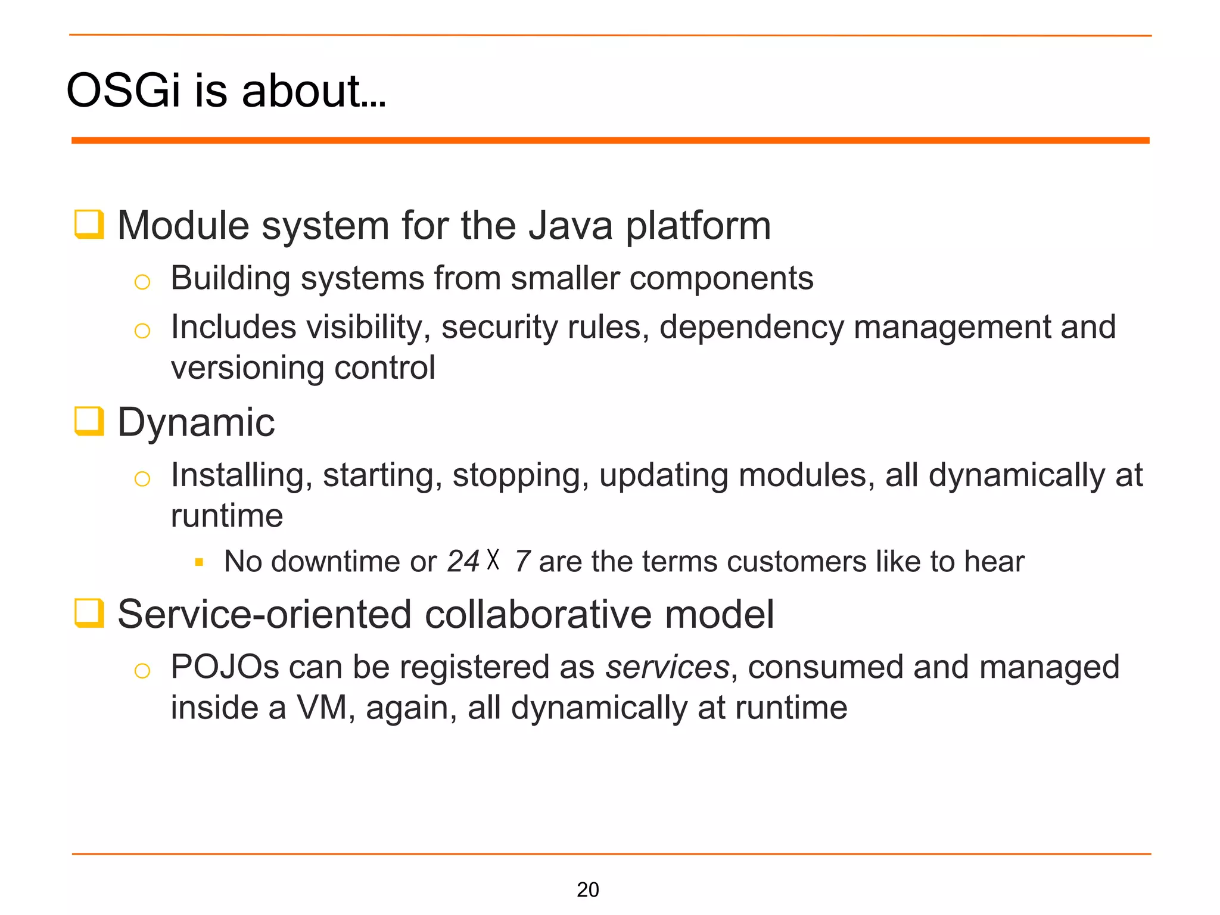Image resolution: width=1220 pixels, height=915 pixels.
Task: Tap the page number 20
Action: pos(587,889)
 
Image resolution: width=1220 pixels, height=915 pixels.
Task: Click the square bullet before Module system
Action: pos(89,225)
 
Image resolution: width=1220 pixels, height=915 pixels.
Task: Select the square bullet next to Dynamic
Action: pos(89,421)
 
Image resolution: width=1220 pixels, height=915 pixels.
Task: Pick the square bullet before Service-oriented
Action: pos(89,614)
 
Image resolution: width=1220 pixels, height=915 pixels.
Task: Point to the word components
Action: pos(721,278)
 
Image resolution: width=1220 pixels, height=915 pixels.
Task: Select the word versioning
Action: pos(247,368)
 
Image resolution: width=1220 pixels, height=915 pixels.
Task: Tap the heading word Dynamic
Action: pos(196,422)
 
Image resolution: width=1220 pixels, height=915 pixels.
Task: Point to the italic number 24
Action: pos(463,561)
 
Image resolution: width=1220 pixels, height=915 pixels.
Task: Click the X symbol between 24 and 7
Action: pos(493,560)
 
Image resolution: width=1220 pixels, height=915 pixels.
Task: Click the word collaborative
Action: pos(539,614)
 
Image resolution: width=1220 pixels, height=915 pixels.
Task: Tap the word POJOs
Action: pos(225,667)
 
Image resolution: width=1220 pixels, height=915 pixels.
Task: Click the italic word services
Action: pos(667,667)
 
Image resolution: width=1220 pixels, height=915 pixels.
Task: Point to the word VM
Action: pos(322,708)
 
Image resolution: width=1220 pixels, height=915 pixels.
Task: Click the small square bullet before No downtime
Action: pos(200,562)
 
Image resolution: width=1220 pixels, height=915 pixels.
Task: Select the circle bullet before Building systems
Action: pos(142,282)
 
